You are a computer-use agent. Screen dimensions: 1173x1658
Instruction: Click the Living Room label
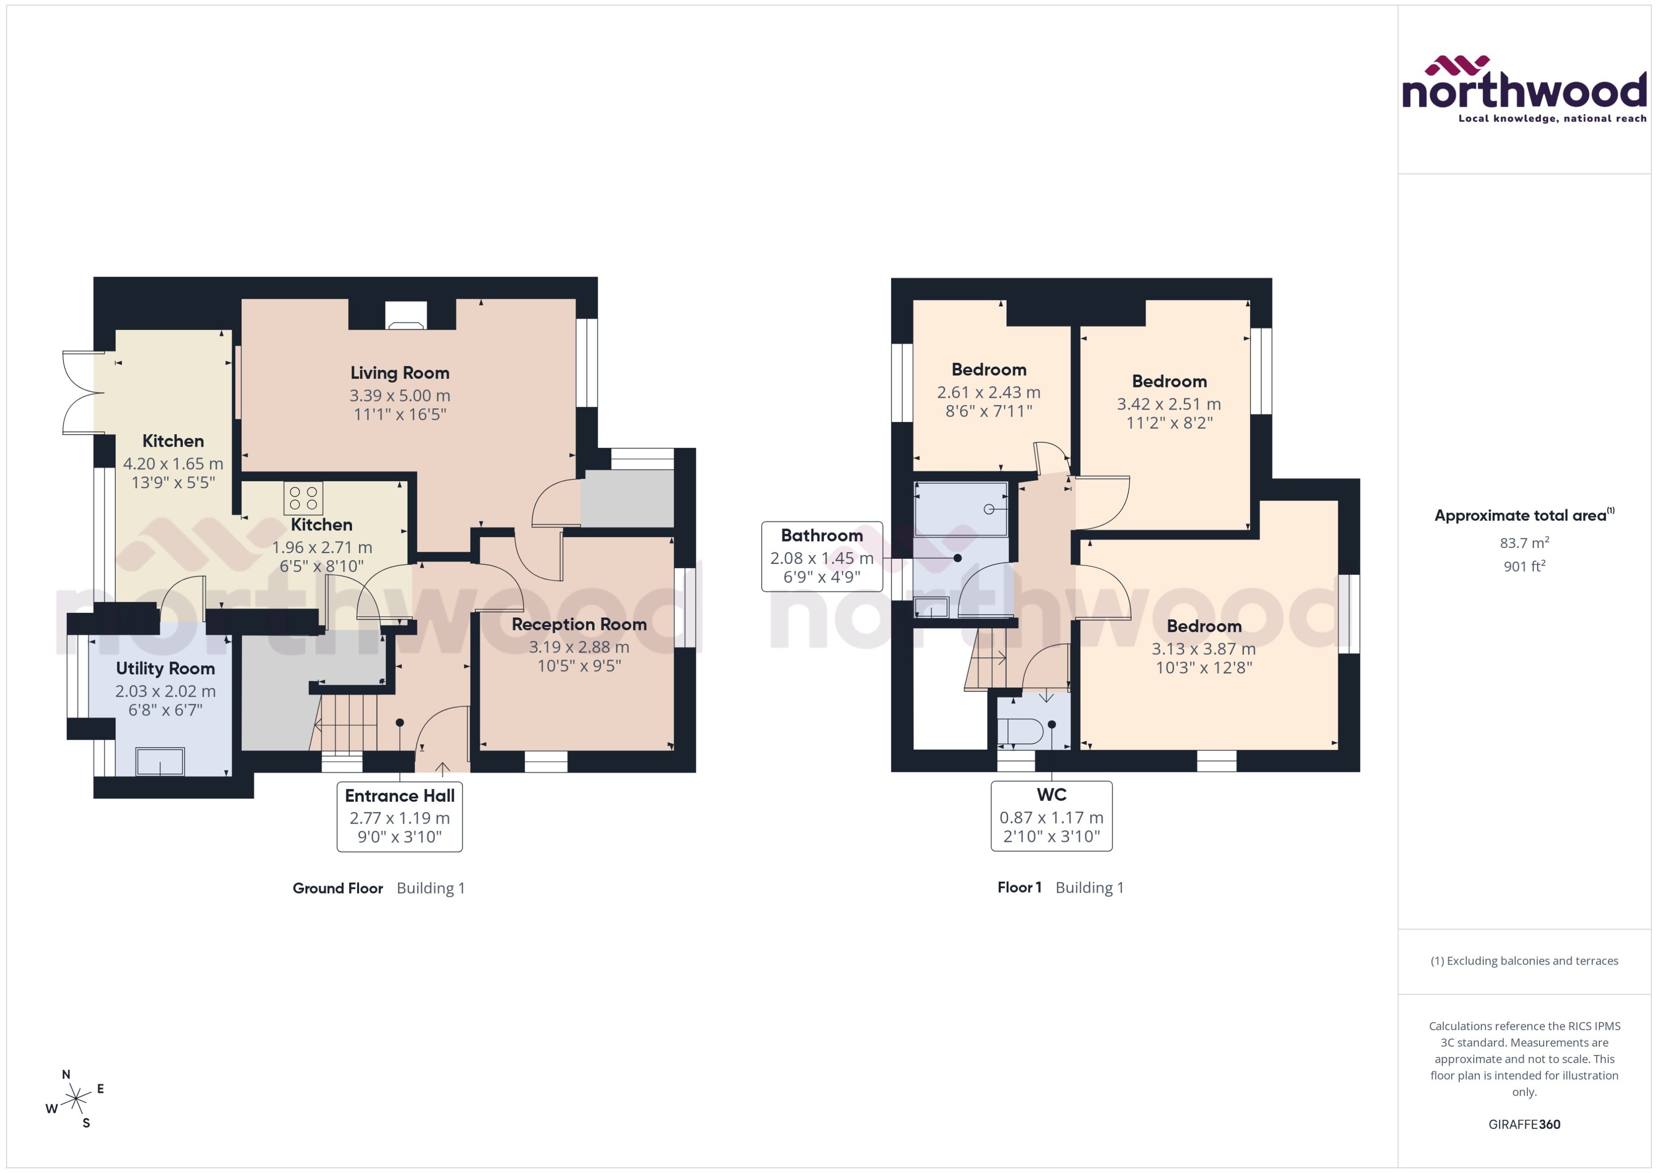(x=399, y=373)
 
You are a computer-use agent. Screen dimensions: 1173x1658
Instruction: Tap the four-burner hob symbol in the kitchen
(x=303, y=498)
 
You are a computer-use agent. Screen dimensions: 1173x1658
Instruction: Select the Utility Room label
(x=165, y=668)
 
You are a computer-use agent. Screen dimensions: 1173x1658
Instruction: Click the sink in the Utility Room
(x=160, y=761)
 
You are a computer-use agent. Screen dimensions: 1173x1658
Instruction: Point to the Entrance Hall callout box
(x=399, y=816)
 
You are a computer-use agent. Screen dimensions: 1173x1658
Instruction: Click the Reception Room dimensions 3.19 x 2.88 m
(x=579, y=647)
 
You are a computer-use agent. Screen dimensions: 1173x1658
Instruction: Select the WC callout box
(x=1051, y=815)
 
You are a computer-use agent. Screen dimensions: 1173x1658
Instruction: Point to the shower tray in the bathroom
(x=960, y=509)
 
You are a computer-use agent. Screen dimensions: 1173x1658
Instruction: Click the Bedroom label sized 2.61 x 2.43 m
(x=988, y=370)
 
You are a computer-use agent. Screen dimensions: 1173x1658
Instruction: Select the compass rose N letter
(x=66, y=1075)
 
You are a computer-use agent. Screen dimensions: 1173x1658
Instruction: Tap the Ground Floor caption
(x=337, y=888)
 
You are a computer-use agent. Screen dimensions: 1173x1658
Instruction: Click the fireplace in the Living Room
(x=405, y=316)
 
